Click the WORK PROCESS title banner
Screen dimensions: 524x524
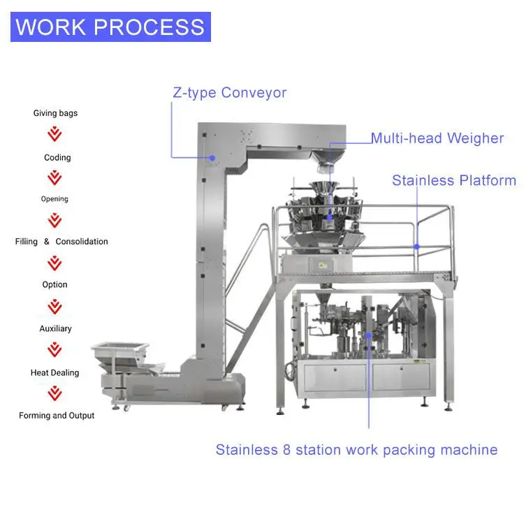pyautogui.click(x=110, y=27)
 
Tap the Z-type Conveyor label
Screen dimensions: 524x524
pyautogui.click(x=229, y=92)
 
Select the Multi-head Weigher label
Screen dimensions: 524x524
pyautogui.click(x=437, y=138)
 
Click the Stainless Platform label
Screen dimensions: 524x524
pyautogui.click(x=453, y=180)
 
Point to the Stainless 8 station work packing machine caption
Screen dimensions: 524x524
pyautogui.click(x=356, y=449)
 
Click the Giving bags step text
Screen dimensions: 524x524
pyautogui.click(x=55, y=113)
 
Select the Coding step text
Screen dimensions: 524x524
pyautogui.click(x=57, y=158)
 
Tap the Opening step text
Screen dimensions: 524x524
pyautogui.click(x=54, y=199)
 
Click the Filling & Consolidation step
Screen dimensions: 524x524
pyautogui.click(x=61, y=242)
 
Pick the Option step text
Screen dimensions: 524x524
pyautogui.click(x=54, y=285)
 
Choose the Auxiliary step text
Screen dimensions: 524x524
pyautogui.click(x=55, y=328)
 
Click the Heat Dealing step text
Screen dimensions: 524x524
pyautogui.click(x=55, y=373)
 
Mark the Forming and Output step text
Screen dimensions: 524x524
pyautogui.click(x=57, y=416)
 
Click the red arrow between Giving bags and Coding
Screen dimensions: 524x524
pyautogui.click(x=54, y=134)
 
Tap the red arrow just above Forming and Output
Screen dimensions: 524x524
pyautogui.click(x=54, y=393)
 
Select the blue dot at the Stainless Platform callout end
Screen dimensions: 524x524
pyautogui.click(x=417, y=246)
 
